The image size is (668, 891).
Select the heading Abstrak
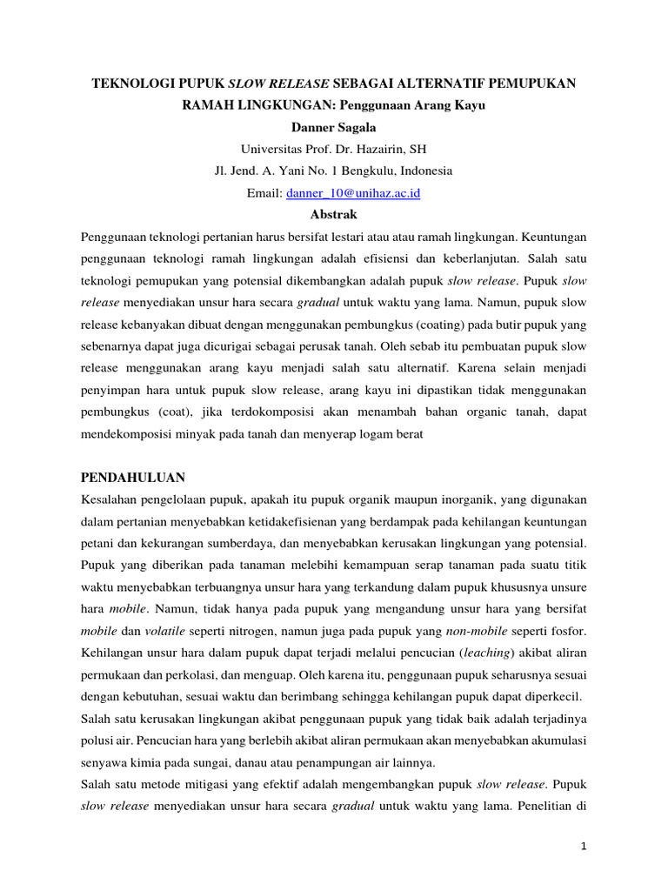(333, 214)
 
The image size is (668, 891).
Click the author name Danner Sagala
(333, 127)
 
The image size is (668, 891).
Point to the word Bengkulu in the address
(365, 171)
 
